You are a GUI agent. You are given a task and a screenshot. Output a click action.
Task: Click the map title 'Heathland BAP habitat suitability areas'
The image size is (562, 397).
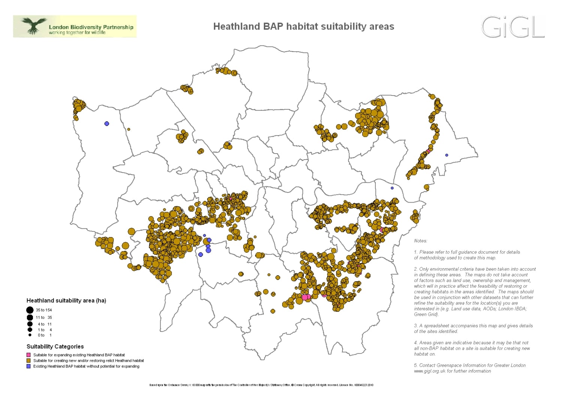coord(303,27)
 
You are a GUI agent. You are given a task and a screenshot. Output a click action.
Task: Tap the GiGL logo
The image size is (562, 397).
coord(512,27)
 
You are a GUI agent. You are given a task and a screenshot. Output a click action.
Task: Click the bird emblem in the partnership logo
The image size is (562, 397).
coord(34,25)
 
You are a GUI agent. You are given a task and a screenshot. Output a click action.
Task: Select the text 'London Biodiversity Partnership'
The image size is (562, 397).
coord(91,27)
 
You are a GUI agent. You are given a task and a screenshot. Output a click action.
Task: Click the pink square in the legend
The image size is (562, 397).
coord(28,355)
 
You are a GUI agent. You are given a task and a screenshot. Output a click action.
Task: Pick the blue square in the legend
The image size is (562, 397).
coord(28,366)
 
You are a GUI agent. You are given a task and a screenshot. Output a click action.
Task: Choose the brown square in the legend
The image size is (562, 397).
coord(28,361)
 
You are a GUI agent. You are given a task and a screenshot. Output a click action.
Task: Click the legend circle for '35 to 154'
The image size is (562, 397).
coord(30,310)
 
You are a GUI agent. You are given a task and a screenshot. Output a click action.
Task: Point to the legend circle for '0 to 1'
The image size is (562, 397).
coord(30,335)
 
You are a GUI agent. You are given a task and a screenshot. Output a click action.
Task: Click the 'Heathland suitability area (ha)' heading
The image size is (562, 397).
coord(66,300)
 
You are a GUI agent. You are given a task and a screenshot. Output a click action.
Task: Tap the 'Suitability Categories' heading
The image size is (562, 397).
coord(55,346)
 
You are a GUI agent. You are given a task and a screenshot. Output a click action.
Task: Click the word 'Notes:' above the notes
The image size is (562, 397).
coord(420,241)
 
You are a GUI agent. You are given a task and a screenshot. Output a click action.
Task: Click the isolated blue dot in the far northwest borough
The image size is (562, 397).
coord(107,124)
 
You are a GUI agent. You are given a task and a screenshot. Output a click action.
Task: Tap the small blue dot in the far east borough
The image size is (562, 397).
coord(447,155)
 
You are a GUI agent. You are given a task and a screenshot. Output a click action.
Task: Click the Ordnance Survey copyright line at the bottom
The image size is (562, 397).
coord(261,385)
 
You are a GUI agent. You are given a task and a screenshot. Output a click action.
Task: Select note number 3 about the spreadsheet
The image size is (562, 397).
coord(473,328)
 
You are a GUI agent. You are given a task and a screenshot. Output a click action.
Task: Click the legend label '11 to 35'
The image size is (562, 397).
coord(44,317)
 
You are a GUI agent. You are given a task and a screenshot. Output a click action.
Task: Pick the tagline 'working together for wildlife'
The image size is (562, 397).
coord(77,33)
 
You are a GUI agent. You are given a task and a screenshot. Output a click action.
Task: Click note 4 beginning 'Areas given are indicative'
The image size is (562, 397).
coord(472,348)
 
